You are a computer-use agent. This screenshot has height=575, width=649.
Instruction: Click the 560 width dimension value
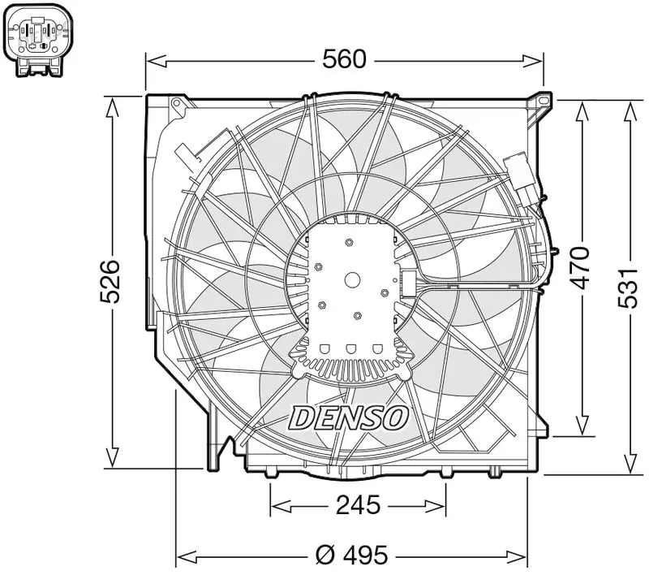(x=344, y=58)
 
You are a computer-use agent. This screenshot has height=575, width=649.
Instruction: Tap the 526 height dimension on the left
(x=110, y=281)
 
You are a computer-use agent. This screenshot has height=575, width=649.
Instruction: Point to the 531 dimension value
(x=628, y=288)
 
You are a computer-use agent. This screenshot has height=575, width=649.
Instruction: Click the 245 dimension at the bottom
(x=358, y=505)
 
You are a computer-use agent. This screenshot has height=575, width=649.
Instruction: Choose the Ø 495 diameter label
(x=352, y=555)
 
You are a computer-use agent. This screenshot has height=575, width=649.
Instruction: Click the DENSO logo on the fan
(x=349, y=417)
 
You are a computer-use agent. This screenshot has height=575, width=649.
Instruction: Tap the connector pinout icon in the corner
(x=38, y=41)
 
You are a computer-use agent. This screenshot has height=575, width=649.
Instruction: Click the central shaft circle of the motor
(x=352, y=280)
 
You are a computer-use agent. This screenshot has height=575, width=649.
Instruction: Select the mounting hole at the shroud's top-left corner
(x=177, y=103)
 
